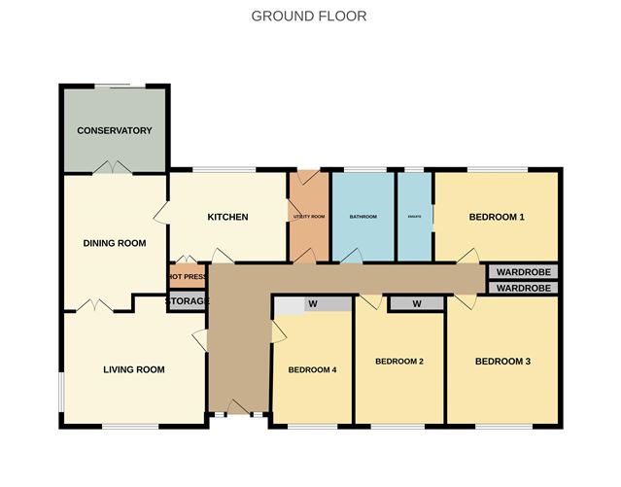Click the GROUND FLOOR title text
[309, 16]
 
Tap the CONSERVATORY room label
[115, 130]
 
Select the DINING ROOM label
[114, 243]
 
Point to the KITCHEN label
[228, 217]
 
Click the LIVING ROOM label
[134, 369]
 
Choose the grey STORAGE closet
[187, 301]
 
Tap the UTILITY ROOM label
[309, 216]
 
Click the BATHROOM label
[363, 216]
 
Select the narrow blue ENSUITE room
[413, 216]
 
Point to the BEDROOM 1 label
[497, 217]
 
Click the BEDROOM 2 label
[399, 362]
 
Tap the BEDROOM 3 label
[502, 362]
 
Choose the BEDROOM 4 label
[312, 369]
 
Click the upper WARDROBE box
[523, 272]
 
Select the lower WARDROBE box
[523, 289]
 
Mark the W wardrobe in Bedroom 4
[313, 304]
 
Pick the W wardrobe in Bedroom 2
[416, 304]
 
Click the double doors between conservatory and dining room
[115, 171]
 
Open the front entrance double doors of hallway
[238, 408]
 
